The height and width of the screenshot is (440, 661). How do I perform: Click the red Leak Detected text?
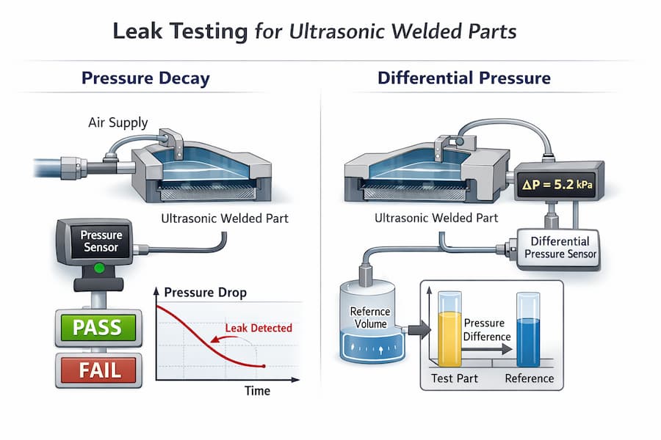click(x=258, y=328)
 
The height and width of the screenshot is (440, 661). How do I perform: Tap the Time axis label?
click(x=257, y=391)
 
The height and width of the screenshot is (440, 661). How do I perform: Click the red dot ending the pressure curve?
click(x=264, y=366)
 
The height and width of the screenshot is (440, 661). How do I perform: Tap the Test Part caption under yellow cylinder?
click(x=449, y=378)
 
